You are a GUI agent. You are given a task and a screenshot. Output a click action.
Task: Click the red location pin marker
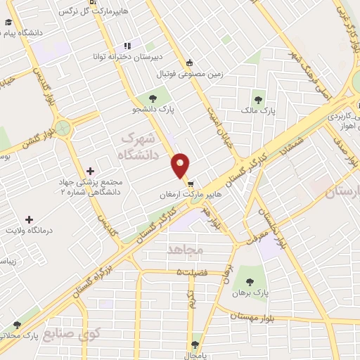[x=181, y=165]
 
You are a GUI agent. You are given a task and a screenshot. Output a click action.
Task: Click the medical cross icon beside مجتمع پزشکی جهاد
[x=91, y=171]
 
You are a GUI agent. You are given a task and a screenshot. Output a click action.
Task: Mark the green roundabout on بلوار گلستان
[x=64, y=128]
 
